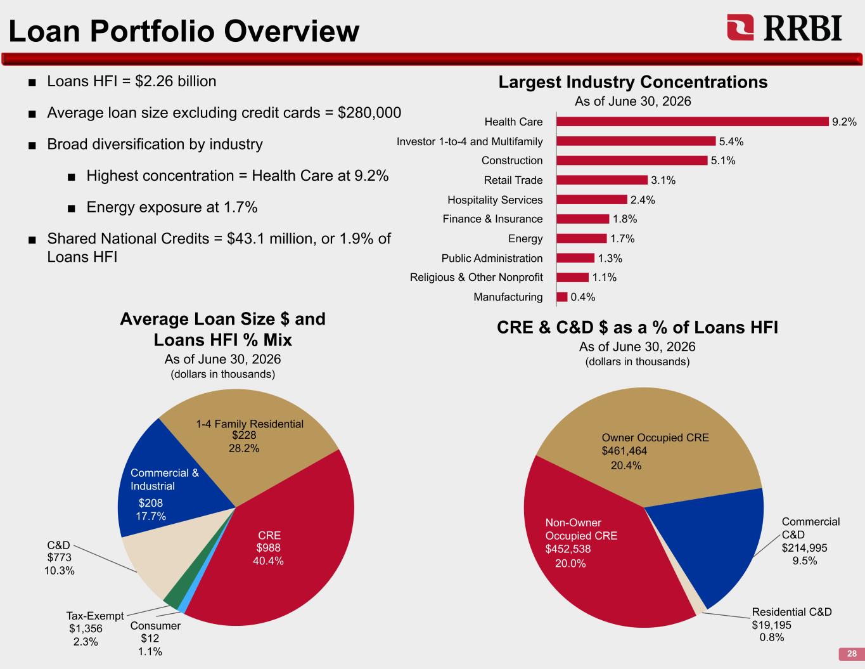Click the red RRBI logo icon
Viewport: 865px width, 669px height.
740,27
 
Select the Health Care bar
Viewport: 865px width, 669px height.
693,122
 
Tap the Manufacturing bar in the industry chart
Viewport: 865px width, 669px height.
561,297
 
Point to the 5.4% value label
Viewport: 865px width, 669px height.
731,141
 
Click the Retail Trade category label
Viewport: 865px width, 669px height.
513,180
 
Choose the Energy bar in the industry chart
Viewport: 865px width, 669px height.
582,238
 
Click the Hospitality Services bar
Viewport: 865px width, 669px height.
592,200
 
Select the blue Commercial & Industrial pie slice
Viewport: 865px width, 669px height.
167,486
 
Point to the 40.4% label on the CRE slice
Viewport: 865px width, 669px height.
268,561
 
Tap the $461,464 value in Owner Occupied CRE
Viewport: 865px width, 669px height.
624,451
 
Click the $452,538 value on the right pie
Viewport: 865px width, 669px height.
568,549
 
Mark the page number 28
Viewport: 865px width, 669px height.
852,654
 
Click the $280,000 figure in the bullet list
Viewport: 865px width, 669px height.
369,113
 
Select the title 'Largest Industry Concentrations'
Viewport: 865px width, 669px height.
633,82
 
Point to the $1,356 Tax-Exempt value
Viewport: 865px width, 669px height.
86,628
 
